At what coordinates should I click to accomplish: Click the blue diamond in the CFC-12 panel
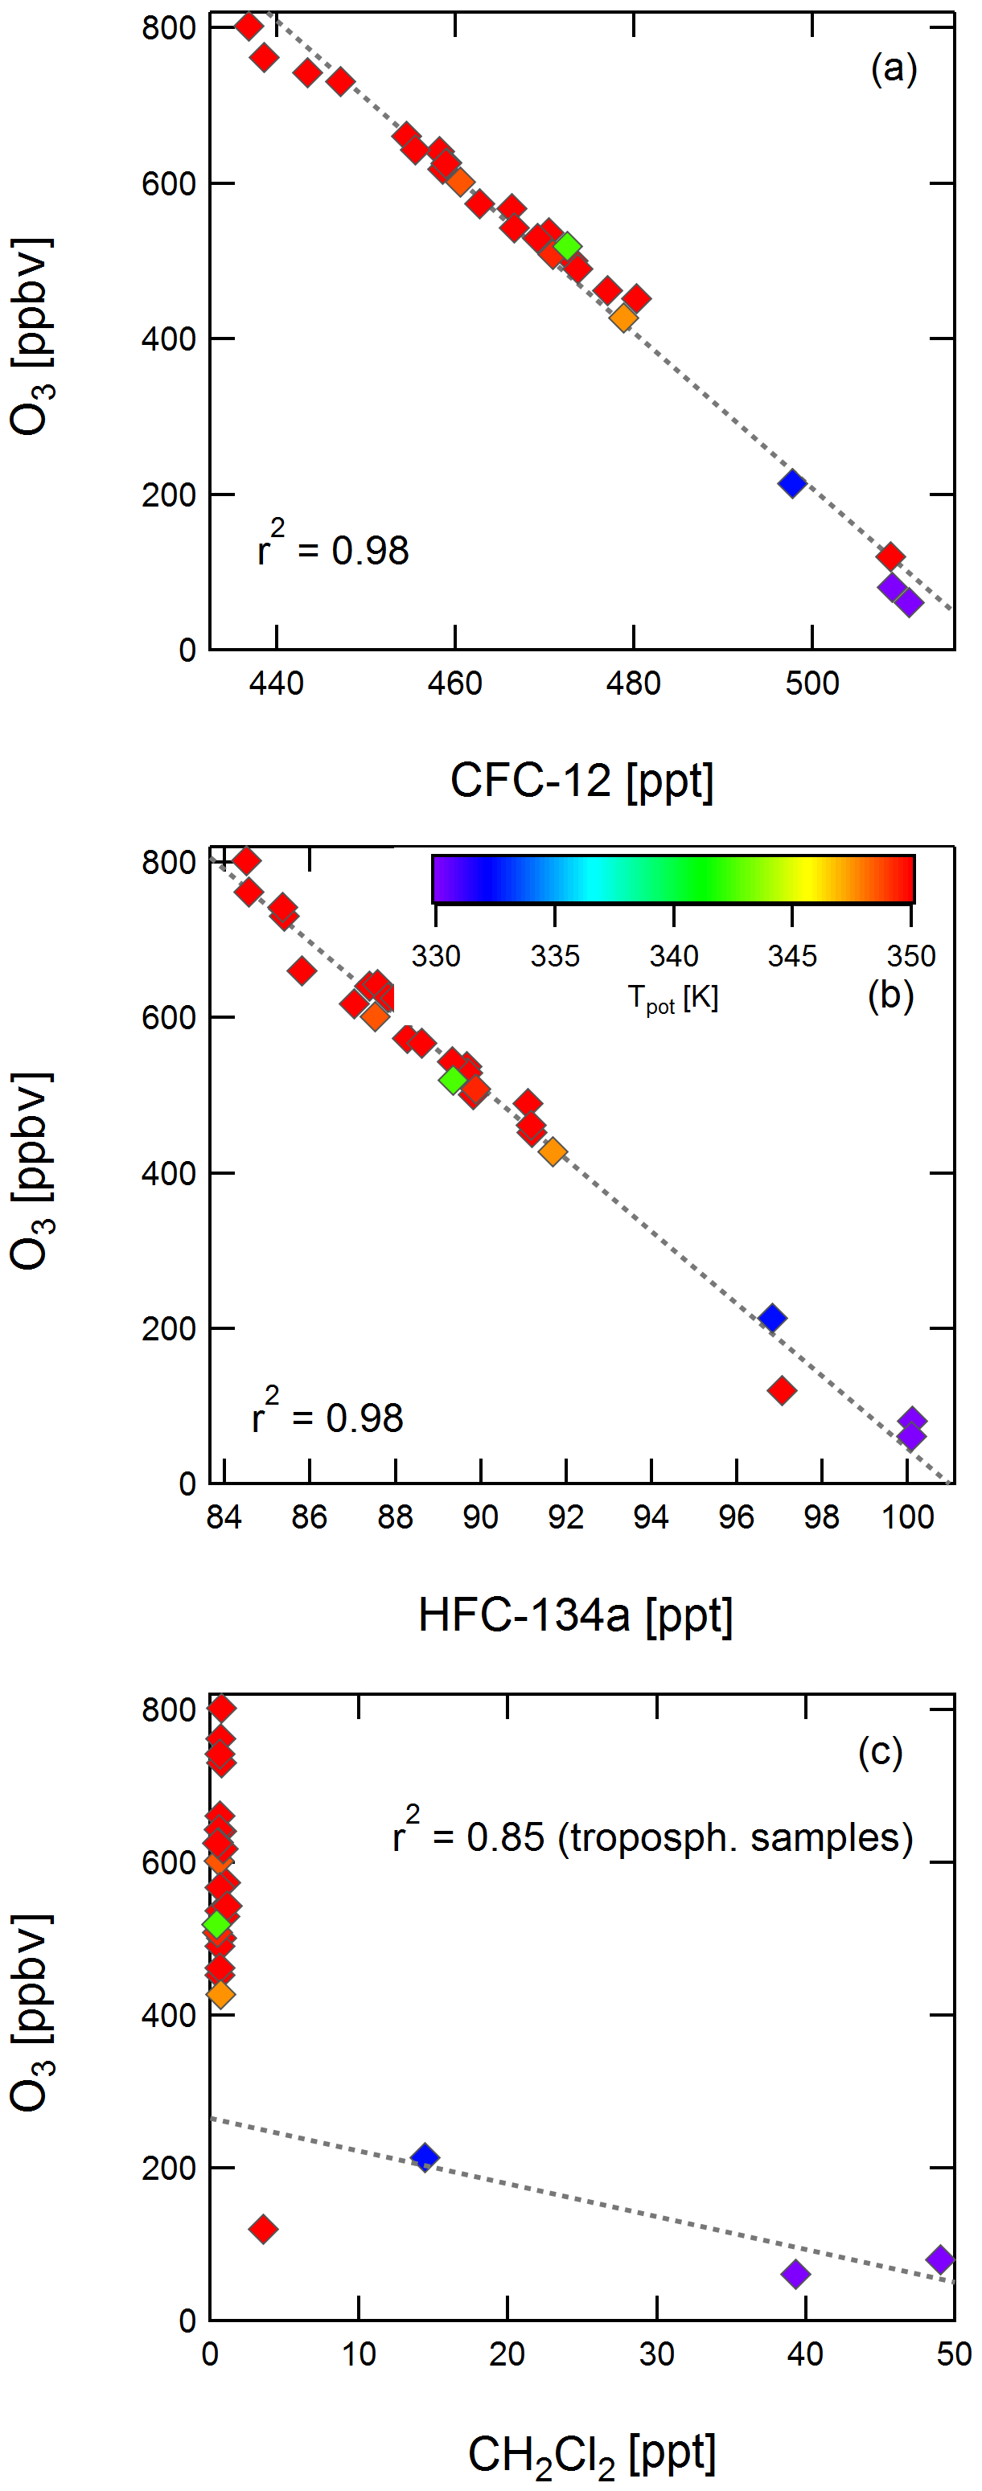[x=792, y=483]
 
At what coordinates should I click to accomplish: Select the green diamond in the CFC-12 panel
[x=568, y=247]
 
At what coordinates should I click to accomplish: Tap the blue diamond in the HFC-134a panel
[x=771, y=1318]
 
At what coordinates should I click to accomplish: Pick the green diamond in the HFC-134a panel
[x=453, y=1080]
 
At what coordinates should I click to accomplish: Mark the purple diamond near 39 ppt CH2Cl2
[x=795, y=2273]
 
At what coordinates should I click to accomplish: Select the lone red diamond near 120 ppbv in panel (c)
[x=263, y=2229]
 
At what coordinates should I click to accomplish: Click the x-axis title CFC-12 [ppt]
[x=581, y=781]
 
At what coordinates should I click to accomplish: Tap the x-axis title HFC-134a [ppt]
[x=576, y=1615]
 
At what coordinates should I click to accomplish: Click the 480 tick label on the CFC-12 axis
[x=633, y=683]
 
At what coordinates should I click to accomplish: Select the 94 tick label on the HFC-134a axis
[x=651, y=1517]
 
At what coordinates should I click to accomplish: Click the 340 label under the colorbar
[x=673, y=956]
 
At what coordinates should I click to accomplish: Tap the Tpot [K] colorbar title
[x=673, y=997]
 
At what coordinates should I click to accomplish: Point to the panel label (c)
[x=879, y=1752]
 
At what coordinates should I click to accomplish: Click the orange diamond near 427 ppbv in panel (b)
[x=553, y=1151]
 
